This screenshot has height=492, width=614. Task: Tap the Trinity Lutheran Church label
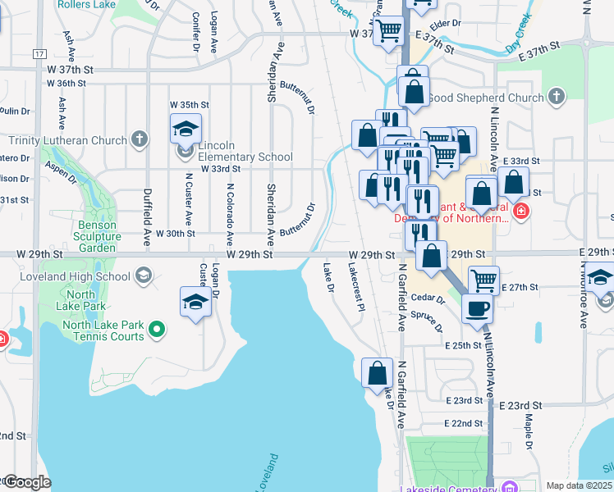(68, 140)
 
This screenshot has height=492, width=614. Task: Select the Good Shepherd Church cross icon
(556, 97)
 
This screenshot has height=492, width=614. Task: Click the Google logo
(26, 482)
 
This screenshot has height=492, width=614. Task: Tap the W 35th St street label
(190, 105)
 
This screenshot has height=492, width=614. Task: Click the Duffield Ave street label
(148, 204)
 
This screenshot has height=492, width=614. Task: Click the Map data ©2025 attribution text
(579, 485)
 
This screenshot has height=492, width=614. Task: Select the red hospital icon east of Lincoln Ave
(520, 212)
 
